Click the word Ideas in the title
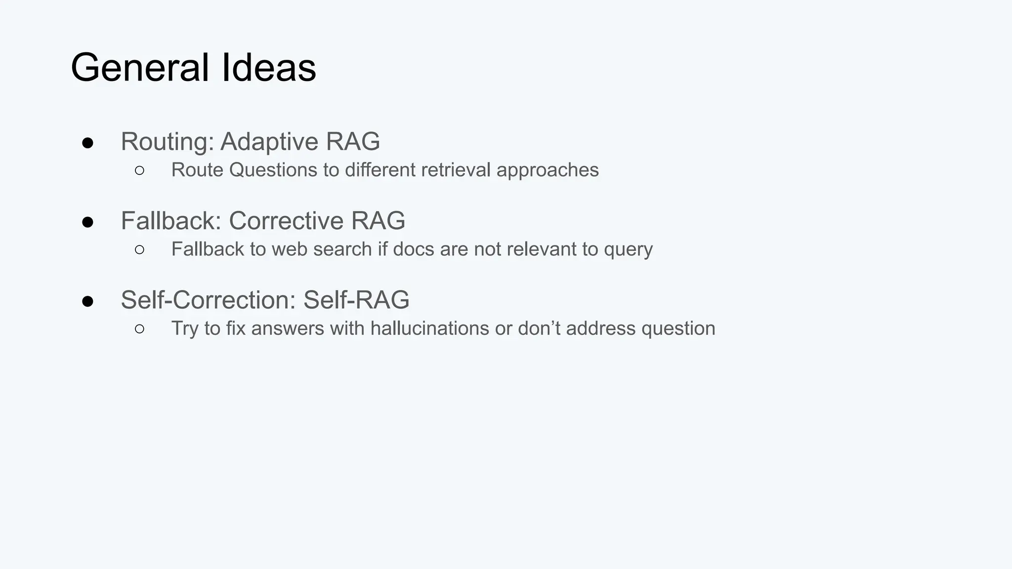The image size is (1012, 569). click(268, 68)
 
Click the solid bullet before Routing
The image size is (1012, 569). click(88, 143)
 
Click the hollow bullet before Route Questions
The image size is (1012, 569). click(139, 171)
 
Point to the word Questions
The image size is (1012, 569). click(273, 170)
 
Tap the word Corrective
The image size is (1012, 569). click(286, 221)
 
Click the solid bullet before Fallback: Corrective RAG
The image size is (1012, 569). click(88, 222)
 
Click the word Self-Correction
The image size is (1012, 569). click(208, 300)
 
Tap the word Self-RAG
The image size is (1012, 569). click(356, 300)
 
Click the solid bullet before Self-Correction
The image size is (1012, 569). click(88, 301)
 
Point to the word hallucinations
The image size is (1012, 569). click(429, 328)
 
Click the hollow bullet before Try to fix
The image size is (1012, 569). click(139, 329)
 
